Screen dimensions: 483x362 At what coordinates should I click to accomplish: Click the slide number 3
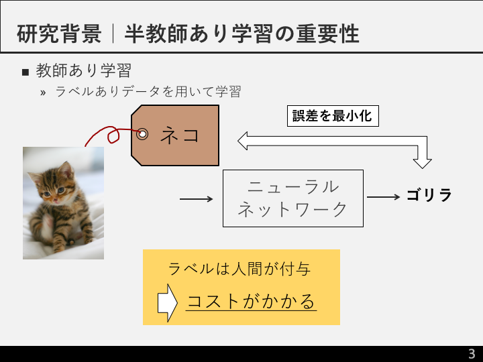[x=472, y=354]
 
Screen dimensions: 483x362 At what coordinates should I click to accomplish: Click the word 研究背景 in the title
[x=59, y=34]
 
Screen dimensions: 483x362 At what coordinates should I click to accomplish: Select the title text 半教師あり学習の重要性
[x=241, y=34]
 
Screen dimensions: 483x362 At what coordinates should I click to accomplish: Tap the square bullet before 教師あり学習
[x=25, y=72]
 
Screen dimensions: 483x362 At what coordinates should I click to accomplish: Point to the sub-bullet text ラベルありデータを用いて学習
[x=148, y=91]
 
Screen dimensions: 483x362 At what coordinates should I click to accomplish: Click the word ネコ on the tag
[x=180, y=135]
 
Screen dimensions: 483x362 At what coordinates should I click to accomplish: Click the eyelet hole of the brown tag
[x=142, y=134]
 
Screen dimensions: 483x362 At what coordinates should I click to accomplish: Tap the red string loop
[x=113, y=135]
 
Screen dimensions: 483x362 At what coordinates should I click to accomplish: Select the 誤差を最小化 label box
[x=333, y=116]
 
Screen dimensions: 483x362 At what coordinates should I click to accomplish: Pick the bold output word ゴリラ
[x=429, y=195]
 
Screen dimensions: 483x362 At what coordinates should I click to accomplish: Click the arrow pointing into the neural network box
[x=196, y=199]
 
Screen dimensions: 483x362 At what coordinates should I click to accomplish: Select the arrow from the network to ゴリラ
[x=384, y=196]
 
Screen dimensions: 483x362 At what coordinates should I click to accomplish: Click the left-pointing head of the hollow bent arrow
[x=243, y=141]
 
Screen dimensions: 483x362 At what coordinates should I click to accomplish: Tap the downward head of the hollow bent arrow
[x=423, y=164]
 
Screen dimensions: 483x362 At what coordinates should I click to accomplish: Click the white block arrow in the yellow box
[x=168, y=303]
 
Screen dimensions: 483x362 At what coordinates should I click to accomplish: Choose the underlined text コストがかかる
[x=251, y=302]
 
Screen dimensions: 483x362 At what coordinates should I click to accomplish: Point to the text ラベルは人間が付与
[x=239, y=269]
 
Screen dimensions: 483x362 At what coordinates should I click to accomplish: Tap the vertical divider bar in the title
[x=113, y=34]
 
